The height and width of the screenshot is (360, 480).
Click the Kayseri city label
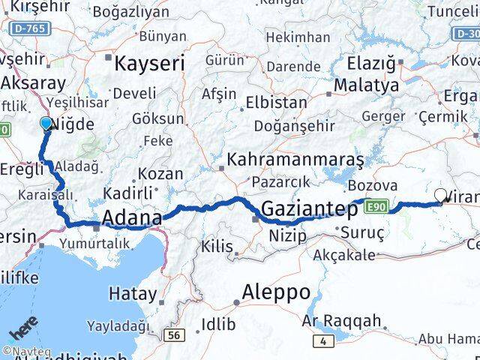148,64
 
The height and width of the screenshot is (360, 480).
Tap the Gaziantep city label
310,209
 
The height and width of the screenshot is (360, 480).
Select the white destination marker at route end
441,196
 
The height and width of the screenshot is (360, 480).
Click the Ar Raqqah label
341,321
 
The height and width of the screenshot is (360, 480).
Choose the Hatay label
133,293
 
